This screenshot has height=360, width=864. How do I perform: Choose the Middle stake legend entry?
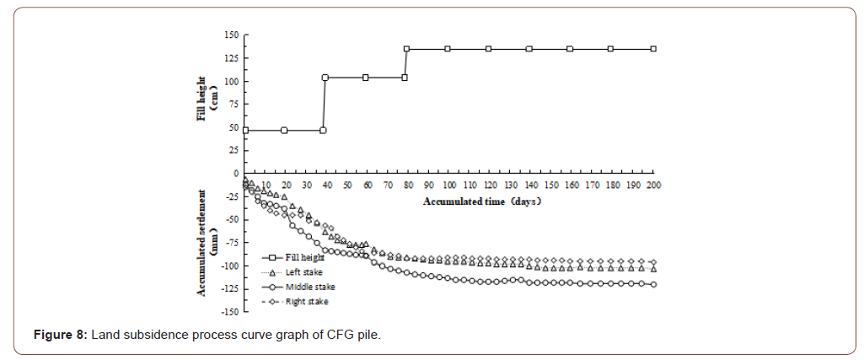[309, 287]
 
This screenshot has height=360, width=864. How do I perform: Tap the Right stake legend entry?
[307, 301]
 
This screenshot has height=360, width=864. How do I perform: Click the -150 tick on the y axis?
[228, 312]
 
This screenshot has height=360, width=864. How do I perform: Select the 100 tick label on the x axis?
[448, 185]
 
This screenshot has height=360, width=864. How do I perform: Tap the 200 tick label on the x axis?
[653, 185]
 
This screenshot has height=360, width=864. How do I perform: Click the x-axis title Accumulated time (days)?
[480, 201]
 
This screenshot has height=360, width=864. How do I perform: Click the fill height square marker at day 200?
[653, 49]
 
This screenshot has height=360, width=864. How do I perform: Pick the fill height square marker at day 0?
[245, 130]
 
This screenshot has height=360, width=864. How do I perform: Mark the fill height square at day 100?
[448, 49]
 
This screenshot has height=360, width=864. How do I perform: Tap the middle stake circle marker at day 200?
[653, 284]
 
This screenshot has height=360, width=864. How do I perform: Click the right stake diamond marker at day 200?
[653, 261]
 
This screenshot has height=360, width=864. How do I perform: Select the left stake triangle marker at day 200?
[653, 268]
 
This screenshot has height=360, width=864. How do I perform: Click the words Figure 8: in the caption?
[60, 336]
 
